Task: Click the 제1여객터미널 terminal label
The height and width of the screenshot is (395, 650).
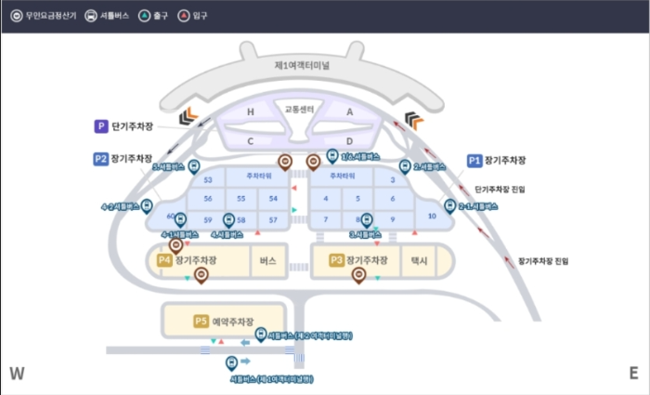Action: tap(302, 66)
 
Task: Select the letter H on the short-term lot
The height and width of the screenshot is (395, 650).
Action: tap(250, 112)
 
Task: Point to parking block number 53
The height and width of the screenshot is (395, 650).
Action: tap(208, 179)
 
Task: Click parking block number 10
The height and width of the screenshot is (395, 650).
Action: tap(432, 216)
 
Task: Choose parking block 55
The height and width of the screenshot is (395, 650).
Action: tap(240, 199)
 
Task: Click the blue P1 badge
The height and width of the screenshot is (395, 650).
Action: tap(474, 160)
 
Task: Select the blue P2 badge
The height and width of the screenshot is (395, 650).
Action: tap(101, 159)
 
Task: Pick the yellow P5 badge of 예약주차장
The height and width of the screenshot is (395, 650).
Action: tap(201, 321)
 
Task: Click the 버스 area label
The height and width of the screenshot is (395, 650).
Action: tap(269, 260)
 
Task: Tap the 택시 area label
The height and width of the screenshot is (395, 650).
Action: tap(419, 261)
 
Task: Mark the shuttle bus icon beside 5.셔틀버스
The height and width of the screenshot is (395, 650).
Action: tap(193, 166)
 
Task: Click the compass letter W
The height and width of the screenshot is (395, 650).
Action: tap(17, 374)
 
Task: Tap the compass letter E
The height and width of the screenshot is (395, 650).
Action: tap(633, 374)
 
